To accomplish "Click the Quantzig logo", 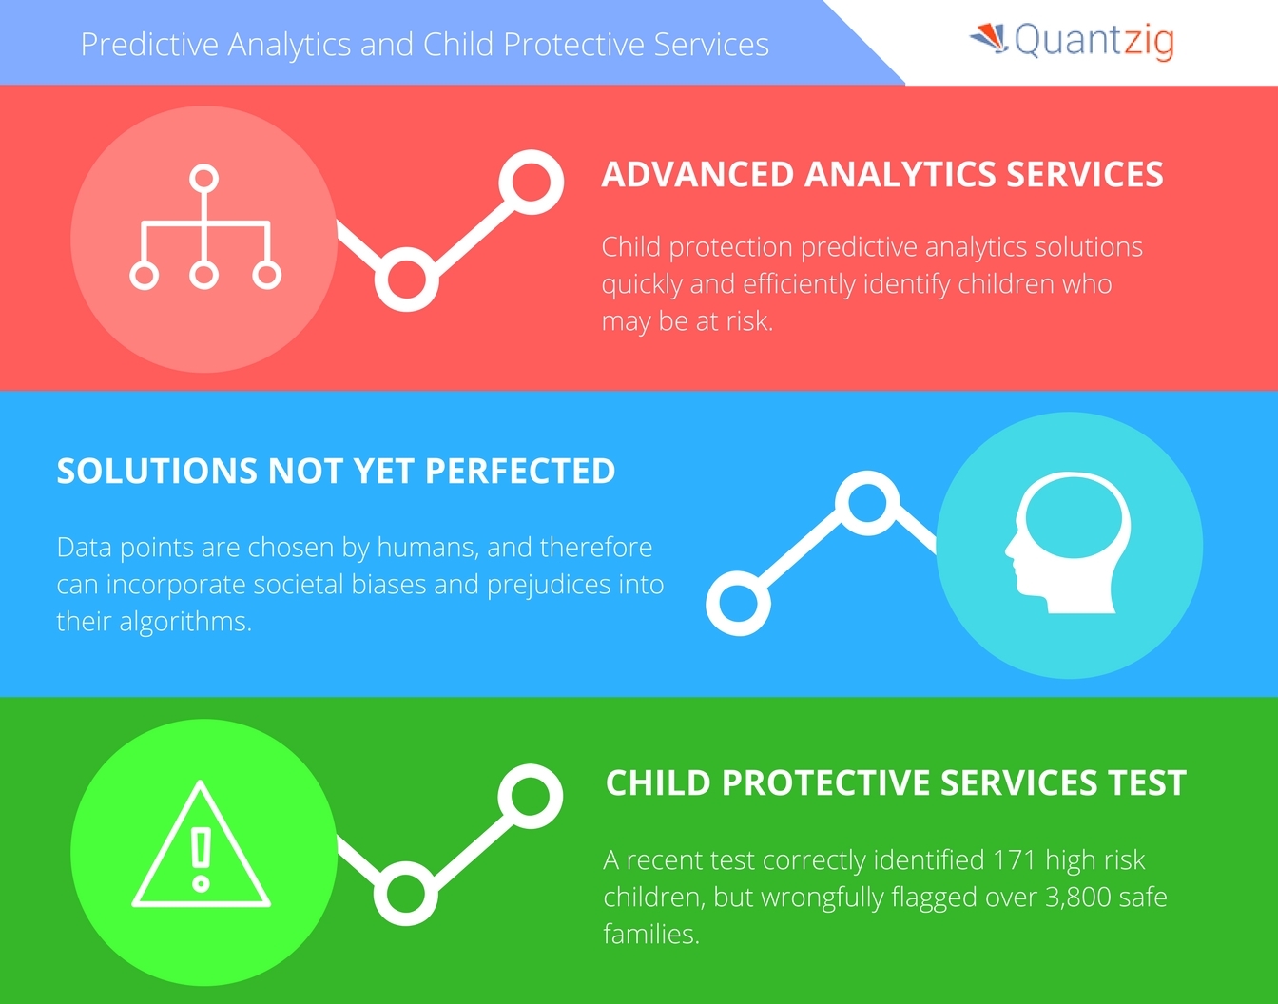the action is coord(1072,41).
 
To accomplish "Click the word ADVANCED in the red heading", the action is coord(699,175).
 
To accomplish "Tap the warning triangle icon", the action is coord(201,844).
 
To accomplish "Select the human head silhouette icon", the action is coord(1067,542).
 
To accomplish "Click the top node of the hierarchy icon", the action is coord(204,179).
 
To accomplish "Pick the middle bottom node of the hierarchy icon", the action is coord(204,275).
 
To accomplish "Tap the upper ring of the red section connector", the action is coord(532,183).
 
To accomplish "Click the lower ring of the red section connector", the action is coord(406,280).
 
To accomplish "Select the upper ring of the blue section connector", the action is coord(867,503).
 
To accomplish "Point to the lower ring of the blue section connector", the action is coord(738,603).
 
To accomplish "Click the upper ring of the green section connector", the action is coord(530,796).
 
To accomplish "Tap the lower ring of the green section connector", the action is coord(406,894).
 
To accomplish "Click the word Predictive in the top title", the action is coord(149,45).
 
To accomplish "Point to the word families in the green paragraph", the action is coord(651,934).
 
